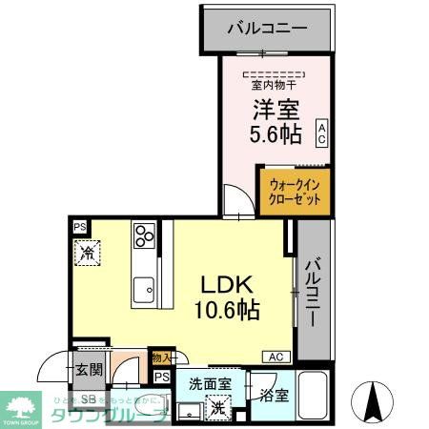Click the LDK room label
pos(227,285)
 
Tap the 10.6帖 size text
pos(227,311)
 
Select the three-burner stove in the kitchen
pos(144,235)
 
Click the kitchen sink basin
pos(145,289)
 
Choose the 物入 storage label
pos(162,358)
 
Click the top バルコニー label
pos(267,28)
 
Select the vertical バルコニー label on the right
pos(313,291)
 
